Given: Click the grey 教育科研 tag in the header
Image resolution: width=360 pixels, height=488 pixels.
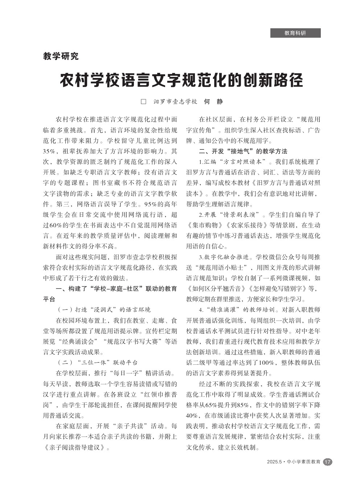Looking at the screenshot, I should tap(295, 33).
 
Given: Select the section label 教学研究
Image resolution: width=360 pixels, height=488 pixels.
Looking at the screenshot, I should tap(61, 56).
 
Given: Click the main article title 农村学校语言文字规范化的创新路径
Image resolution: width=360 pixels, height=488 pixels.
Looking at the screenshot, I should tap(181, 80).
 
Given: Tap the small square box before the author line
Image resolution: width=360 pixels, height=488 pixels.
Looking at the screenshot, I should tap(143, 102).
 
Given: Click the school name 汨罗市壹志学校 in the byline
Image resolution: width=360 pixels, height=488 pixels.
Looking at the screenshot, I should tap(175, 102).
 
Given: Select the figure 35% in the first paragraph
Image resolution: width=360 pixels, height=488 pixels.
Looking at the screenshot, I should tap(49, 151).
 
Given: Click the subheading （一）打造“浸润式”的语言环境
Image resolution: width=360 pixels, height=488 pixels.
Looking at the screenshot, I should tap(104, 310).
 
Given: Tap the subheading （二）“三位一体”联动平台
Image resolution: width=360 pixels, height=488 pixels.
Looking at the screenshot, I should tap(97, 363).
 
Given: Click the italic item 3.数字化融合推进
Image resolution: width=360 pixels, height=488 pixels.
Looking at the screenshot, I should tap(224, 257).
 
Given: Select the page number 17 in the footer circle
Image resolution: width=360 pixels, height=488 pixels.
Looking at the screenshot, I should tap(327, 462).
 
